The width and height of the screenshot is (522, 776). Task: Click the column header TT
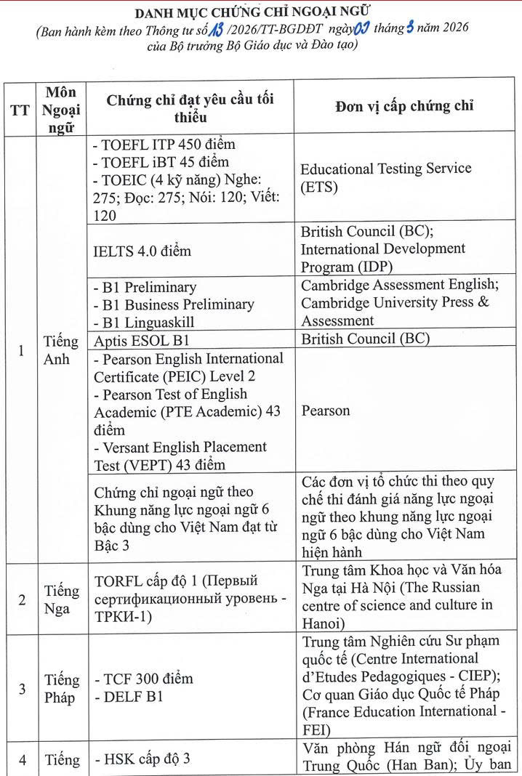point(20,110)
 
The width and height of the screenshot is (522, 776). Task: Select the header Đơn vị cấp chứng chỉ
point(404,106)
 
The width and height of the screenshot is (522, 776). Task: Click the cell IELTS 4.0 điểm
point(142,251)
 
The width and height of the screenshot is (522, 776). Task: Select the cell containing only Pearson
point(325,411)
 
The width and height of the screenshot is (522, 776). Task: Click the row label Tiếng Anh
point(61,350)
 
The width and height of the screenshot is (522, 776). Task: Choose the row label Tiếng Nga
point(61,599)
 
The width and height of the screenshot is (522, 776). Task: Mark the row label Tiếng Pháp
point(61,689)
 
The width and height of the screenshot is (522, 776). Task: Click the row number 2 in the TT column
point(22,600)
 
